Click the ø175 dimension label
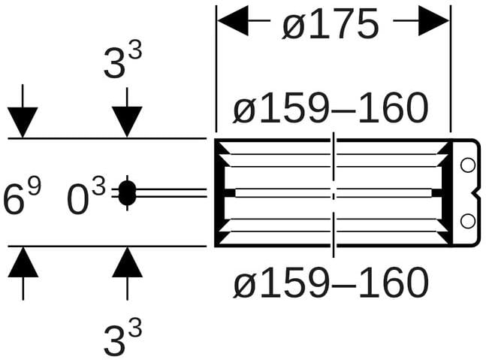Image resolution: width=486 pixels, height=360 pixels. coord(331,24)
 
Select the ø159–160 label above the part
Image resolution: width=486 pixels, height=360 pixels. coord(331,107)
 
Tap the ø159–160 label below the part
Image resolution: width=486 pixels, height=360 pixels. coord(331,282)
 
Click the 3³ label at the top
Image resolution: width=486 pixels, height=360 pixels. coord(122,60)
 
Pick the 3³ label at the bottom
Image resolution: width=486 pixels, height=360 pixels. coord(122,337)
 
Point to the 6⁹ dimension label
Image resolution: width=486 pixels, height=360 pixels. coord(22,196)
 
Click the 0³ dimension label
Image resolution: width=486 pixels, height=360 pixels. coord(86,197)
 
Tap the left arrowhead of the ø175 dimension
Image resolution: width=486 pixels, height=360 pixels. coord(233,20)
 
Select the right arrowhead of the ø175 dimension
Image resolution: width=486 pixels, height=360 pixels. coord(433,20)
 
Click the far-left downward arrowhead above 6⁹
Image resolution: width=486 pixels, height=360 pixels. coord(23,123)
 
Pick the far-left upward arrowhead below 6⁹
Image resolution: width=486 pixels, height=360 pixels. coord(23,262)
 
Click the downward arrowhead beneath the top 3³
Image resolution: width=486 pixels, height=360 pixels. coord(127,122)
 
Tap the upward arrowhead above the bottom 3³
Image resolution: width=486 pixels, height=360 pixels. coord(128,262)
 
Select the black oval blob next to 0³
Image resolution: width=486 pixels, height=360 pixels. coord(127,193)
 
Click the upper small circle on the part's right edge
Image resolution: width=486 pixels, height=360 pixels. coord(468,165)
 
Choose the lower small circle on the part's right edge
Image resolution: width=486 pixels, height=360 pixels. coord(468,221)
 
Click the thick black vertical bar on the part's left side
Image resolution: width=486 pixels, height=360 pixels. coord(219,193)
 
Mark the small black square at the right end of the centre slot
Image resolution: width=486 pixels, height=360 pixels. coord(436,192)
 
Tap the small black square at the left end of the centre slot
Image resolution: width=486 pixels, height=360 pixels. coord(230,192)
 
